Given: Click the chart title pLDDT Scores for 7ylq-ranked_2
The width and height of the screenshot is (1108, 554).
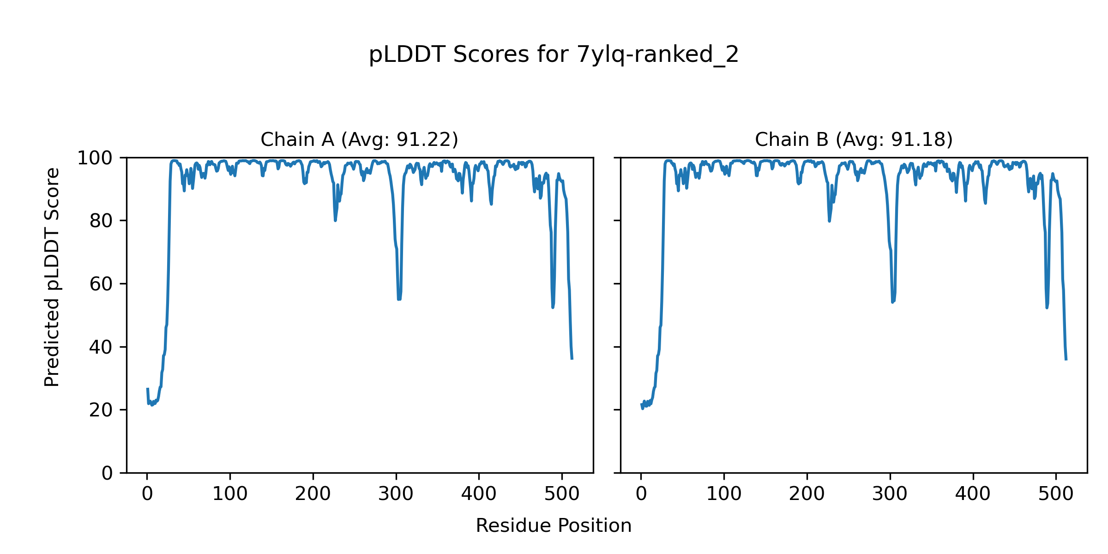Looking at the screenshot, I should pyautogui.click(x=554, y=55).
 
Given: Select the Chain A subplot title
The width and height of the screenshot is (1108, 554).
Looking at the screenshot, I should pyautogui.click(x=359, y=139).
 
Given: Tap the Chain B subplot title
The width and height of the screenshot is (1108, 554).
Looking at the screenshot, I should pyautogui.click(x=854, y=139).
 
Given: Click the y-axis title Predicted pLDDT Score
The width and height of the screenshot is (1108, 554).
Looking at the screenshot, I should pyautogui.click(x=52, y=277).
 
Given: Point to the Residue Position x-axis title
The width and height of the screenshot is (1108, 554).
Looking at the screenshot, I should pyautogui.click(x=554, y=526).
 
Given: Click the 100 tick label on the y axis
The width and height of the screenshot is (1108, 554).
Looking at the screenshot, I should pyautogui.click(x=95, y=158).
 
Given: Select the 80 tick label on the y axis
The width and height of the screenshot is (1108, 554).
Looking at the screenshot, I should pyautogui.click(x=101, y=221).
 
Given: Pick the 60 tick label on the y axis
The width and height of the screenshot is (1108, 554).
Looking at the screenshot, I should pyautogui.click(x=101, y=284).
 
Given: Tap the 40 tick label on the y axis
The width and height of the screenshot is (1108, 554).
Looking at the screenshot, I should pyautogui.click(x=101, y=347).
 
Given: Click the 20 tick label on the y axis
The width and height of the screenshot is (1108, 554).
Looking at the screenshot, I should pyautogui.click(x=101, y=410).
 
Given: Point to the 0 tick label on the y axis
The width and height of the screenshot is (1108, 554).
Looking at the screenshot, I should pyautogui.click(x=107, y=473).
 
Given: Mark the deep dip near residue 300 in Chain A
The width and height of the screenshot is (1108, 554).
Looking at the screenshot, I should pyautogui.click(x=399, y=299).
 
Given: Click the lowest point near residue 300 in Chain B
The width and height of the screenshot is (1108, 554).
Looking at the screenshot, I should pyautogui.click(x=892, y=302).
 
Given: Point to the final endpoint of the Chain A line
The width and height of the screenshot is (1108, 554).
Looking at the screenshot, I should pyautogui.click(x=572, y=359).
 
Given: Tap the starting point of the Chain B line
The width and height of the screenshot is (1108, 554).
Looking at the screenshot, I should pyautogui.click(x=641, y=404).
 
